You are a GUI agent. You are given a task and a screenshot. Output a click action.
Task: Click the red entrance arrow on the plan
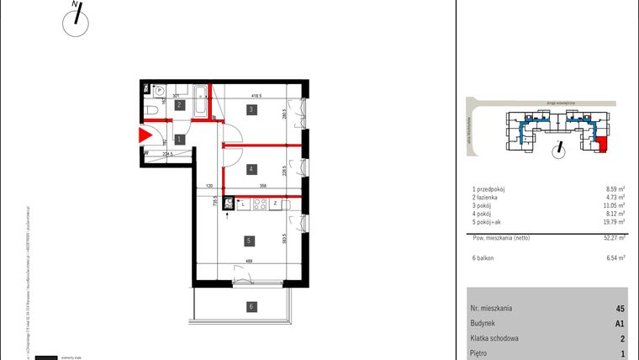pos(145,135)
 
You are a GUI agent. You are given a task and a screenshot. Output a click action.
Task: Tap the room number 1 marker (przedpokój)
pos(178,139)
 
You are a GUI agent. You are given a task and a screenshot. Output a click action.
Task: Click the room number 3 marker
pos(251,109)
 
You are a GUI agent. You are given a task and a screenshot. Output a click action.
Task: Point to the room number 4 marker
pos(251,169)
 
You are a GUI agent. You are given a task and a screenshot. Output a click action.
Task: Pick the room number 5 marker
pos(250,241)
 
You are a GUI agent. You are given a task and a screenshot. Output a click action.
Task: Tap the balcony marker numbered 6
pos(250,307)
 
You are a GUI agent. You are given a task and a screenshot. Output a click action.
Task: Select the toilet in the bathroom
pos(150,109)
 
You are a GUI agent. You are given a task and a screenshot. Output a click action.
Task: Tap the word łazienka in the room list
pos(492,199)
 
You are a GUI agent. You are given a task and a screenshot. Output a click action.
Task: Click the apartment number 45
pos(620,309)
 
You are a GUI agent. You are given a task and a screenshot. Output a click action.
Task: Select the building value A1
pos(620,324)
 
